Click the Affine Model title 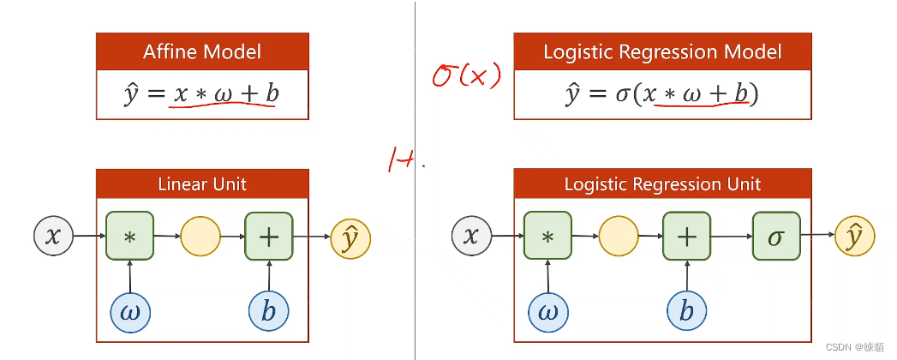point(202,51)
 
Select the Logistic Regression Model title point(662,51)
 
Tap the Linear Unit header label point(202,184)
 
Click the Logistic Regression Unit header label point(662,184)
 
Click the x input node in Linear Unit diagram point(53,237)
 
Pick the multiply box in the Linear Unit point(129,237)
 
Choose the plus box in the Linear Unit point(269,237)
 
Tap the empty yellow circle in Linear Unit point(200,237)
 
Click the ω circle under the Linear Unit point(130,312)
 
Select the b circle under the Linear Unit point(269,312)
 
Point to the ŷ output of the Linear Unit point(351,237)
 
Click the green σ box point(776,237)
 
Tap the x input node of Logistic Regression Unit point(471,237)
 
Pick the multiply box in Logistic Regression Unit point(547,237)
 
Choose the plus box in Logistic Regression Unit point(687,237)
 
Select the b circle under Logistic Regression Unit point(687,312)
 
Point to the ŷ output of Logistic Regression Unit point(855,237)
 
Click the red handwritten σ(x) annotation point(465,77)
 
